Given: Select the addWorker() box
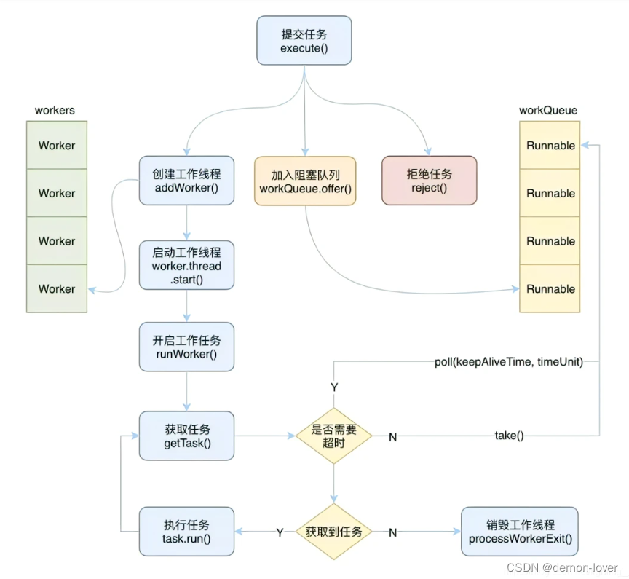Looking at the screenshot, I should [x=187, y=180].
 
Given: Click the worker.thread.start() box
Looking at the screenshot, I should [x=187, y=266].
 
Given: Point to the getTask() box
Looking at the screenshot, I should [x=187, y=436].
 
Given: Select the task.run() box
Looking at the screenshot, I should [x=187, y=532].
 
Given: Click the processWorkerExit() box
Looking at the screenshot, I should [x=520, y=532].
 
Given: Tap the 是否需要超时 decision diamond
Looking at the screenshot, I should [x=333, y=436].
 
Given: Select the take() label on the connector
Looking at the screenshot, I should [x=510, y=436].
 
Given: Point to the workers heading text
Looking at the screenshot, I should [x=55, y=111].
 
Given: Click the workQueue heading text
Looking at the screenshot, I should [x=548, y=111].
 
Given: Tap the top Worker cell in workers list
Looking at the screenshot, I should [x=57, y=145].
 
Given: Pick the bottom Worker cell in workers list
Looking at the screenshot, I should [x=57, y=288].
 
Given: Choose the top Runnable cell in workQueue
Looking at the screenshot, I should [x=550, y=145].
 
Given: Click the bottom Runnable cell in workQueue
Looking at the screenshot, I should [x=550, y=288].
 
